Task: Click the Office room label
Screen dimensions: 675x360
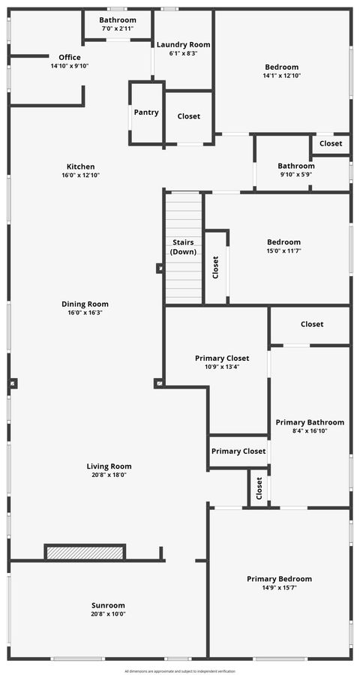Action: (70, 57)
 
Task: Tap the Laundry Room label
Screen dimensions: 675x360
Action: (183, 44)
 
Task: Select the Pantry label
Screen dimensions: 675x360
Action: (146, 112)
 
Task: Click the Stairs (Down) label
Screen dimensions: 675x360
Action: (183, 247)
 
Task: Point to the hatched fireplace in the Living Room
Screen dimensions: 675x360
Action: (85, 552)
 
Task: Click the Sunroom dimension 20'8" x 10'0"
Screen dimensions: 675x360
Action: (109, 614)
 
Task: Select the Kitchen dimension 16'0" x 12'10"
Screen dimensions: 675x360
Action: (80, 175)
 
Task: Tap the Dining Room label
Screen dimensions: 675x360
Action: (85, 304)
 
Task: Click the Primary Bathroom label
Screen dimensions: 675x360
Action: (310, 422)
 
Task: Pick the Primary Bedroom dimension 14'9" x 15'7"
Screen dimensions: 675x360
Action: (279, 588)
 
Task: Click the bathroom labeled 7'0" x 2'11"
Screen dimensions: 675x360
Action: (118, 28)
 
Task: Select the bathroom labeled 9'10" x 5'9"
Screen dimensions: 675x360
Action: (295, 175)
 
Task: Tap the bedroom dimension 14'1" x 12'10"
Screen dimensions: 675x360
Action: (281, 76)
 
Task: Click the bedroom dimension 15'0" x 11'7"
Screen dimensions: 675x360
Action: (283, 250)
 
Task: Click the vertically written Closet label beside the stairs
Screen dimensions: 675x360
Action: (215, 267)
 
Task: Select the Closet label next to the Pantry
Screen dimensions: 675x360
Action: (188, 116)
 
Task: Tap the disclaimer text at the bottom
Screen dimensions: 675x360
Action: (180, 670)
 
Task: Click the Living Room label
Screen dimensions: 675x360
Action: (109, 466)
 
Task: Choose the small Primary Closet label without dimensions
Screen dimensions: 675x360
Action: (238, 451)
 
